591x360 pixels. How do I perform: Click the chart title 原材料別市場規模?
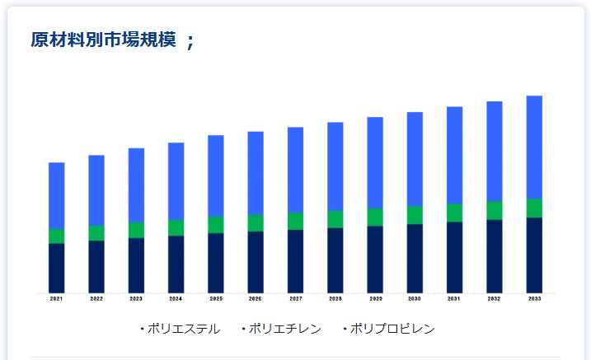click(103, 40)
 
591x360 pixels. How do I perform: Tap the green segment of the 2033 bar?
click(534, 208)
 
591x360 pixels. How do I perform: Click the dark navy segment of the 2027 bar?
click(295, 261)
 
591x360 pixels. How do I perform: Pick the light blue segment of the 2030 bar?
click(415, 159)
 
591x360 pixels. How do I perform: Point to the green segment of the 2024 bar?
click(176, 227)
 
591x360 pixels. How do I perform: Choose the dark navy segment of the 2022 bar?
click(96, 266)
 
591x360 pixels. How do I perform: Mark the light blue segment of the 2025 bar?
click(215, 175)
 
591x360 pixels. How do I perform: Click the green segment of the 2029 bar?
click(375, 217)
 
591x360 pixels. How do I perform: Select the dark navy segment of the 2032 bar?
click(495, 256)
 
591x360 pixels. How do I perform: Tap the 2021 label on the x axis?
click(56, 299)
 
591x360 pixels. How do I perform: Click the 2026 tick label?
click(256, 299)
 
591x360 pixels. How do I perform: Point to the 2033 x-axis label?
click(534, 299)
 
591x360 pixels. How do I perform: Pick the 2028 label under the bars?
click(335, 299)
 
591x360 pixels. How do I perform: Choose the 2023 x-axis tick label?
click(136, 299)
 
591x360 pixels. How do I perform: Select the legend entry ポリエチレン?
click(284, 329)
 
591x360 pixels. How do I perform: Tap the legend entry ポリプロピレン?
click(392, 329)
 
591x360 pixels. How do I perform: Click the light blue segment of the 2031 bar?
click(454, 155)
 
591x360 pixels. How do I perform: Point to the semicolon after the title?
click(190, 41)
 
